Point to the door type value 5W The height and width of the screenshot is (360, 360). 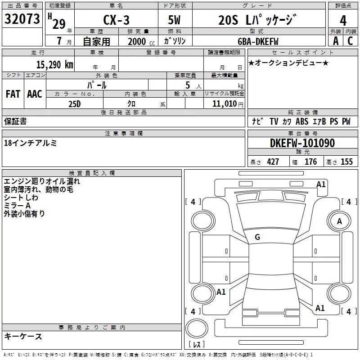(175, 20)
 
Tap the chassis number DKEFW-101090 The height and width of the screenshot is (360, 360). (302, 144)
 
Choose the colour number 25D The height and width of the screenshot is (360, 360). (74, 103)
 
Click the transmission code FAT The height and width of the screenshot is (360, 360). (13, 94)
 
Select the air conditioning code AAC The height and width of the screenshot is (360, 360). (35, 94)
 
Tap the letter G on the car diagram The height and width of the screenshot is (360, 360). (257, 237)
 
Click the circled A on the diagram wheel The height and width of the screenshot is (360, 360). (339, 221)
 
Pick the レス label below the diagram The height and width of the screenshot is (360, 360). (196, 345)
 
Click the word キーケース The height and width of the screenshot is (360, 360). (23, 336)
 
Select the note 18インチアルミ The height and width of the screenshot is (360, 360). (30, 143)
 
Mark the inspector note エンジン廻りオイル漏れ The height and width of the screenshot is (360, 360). (42, 181)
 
